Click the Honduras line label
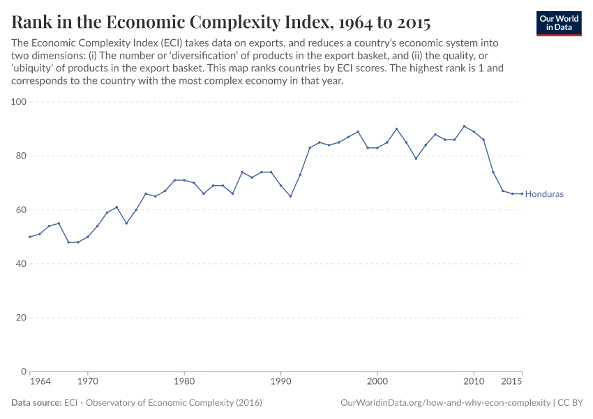[x=543, y=194]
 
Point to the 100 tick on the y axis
[x=19, y=102]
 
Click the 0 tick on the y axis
[x=24, y=372]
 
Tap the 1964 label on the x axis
[x=40, y=383]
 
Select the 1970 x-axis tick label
[x=87, y=383]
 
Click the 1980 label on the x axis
[x=184, y=383]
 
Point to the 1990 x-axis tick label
[x=280, y=383]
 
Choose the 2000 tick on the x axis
[x=377, y=383]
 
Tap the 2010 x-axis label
[x=474, y=383]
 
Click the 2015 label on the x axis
[x=513, y=383]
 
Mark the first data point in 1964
[x=29, y=237]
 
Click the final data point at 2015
[x=522, y=193]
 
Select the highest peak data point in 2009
[x=464, y=126]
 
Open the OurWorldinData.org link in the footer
[x=445, y=403]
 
